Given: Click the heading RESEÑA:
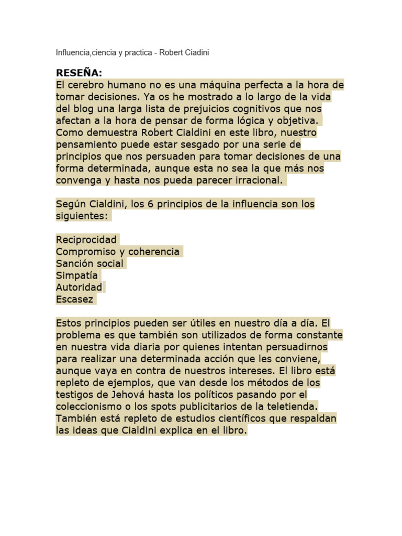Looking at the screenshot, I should point(80,73).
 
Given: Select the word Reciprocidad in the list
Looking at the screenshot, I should point(86,240).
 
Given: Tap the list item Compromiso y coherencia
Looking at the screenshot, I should point(118,252).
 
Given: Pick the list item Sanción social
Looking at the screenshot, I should point(90,264).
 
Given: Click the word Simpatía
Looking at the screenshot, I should point(77,276).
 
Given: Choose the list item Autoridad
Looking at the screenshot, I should point(79,288).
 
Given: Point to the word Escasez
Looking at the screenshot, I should point(75,300).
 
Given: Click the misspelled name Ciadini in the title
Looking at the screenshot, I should point(197,53).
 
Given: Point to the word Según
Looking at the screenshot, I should point(70,204).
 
